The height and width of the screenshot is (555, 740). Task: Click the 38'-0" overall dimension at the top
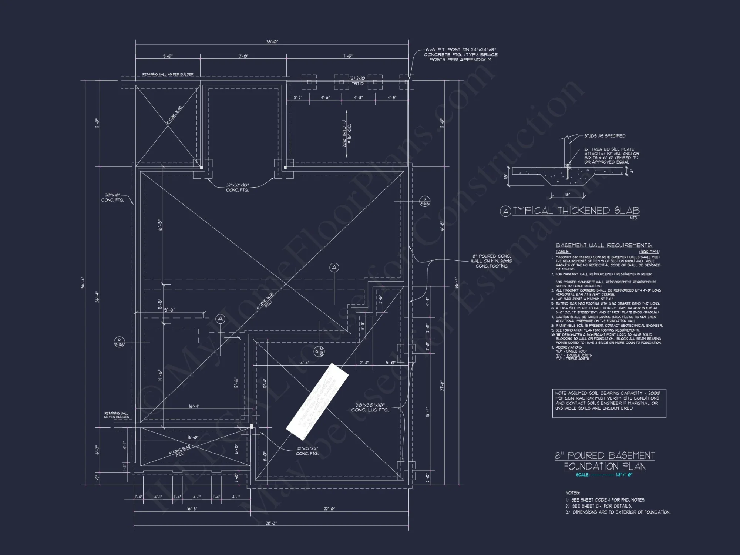pos(272,42)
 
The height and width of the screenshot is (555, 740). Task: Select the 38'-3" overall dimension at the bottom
pos(271,523)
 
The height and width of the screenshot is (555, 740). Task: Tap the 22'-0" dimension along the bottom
pos(329,509)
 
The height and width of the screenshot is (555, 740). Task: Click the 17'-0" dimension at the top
pos(347,56)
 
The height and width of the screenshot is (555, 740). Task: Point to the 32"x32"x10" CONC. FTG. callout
pos(238,188)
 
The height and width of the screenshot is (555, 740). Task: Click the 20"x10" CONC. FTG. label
pos(112,198)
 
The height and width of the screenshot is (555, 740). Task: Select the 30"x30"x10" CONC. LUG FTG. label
pos(370,407)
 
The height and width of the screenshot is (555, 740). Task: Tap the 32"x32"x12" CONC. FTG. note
pos(307,451)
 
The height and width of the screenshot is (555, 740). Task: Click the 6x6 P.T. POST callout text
pos(461,55)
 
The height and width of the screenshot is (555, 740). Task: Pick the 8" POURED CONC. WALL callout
pos(491,261)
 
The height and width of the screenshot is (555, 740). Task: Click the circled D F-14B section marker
pos(425,202)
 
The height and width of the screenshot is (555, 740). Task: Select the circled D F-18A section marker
pos(119,342)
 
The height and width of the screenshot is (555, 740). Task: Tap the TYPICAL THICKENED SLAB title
pos(576,211)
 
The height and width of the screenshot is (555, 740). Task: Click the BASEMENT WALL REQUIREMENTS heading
pos(604,245)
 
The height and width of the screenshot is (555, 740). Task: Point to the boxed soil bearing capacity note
pos(609,403)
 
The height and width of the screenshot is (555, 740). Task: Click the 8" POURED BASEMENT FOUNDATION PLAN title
pos(605,461)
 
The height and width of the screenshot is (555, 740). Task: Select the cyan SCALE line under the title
pos(604,475)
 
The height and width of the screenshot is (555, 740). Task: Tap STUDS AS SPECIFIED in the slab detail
pos(605,136)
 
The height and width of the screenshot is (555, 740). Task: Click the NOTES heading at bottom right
pos(572,493)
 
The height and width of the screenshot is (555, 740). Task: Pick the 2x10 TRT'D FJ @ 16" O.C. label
pos(347,135)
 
